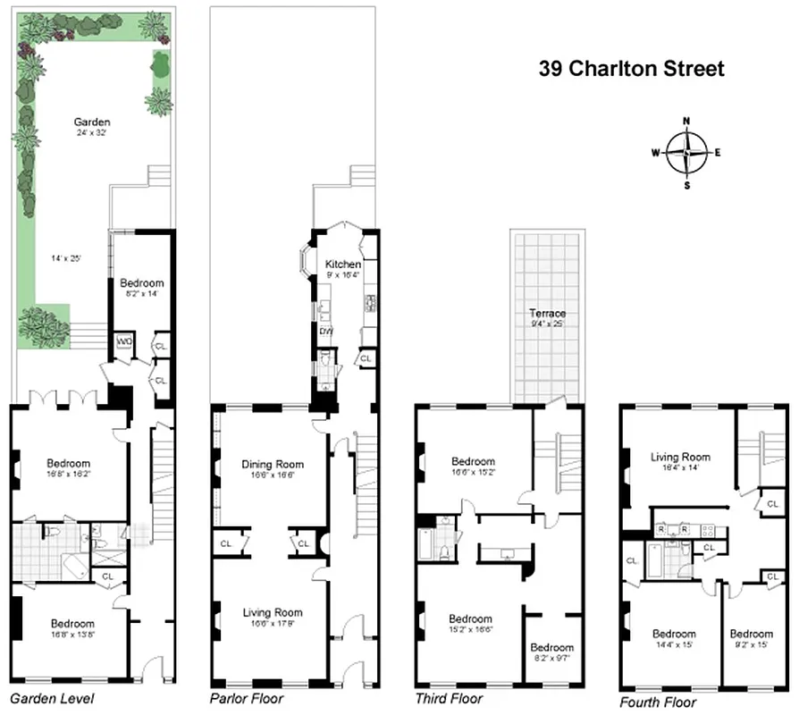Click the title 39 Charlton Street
[631, 69]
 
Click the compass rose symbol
[686, 152]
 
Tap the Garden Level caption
[51, 698]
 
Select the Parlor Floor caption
[247, 698]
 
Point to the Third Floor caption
[449, 698]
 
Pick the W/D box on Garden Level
[122, 341]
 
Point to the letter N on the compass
[686, 121]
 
